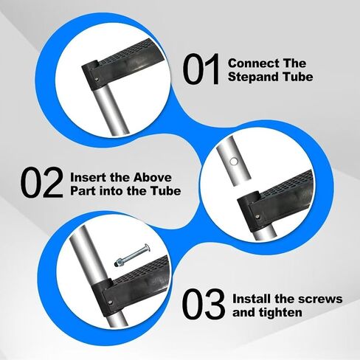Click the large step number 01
(x=201, y=69)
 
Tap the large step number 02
(x=41, y=182)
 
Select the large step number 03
(x=204, y=304)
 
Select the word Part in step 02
(x=83, y=191)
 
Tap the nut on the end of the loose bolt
(x=117, y=263)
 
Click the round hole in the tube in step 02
(x=234, y=162)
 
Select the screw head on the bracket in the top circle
(x=97, y=79)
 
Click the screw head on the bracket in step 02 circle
(x=257, y=217)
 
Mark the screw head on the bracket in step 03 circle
(x=109, y=302)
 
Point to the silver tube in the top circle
(x=111, y=109)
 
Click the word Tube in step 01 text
(x=298, y=77)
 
